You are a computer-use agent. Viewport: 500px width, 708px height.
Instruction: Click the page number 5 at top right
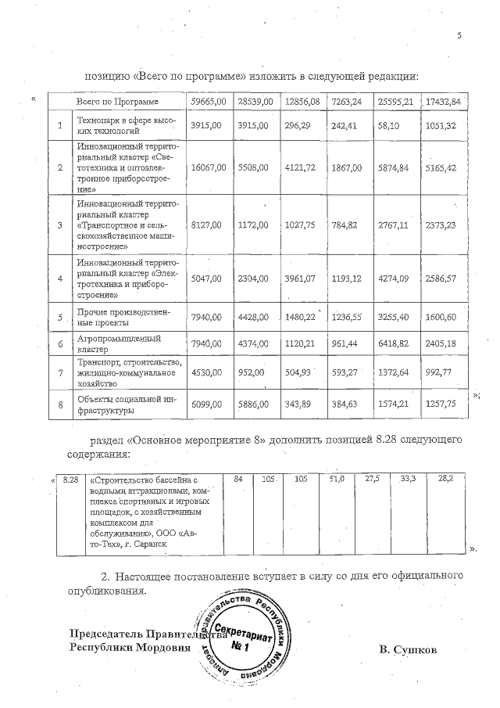point(459,35)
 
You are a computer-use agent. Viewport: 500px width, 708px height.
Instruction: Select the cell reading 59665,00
point(209,102)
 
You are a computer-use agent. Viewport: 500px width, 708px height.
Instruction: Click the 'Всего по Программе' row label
point(117,102)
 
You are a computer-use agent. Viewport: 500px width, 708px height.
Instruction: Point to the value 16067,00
point(209,167)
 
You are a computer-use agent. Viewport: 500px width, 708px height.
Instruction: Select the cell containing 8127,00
point(209,225)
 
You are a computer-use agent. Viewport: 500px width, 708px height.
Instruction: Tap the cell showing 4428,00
point(253,317)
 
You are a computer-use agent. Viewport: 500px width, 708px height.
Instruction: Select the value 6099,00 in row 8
point(209,404)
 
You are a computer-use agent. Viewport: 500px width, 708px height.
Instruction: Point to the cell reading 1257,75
point(443,404)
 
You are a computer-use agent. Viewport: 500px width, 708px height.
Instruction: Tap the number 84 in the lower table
point(239,478)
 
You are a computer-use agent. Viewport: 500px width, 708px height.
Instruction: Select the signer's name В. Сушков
point(407,649)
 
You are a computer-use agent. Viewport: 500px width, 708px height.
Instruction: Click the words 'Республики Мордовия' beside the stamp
point(129,648)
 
